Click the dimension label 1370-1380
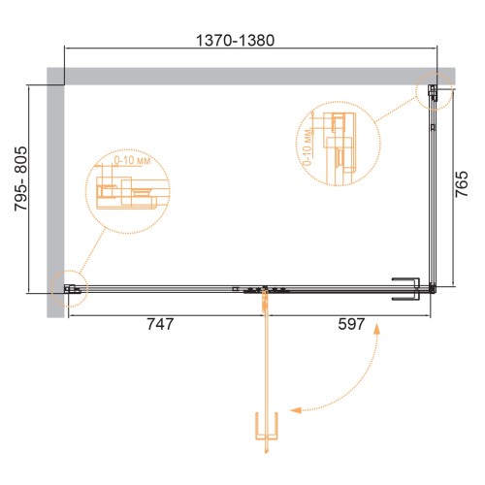click(236, 41)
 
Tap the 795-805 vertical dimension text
click(20, 178)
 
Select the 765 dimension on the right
click(462, 184)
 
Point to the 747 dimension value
click(160, 324)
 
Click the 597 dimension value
click(351, 324)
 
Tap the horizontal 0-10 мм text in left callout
click(132, 160)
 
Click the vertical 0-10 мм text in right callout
click(307, 146)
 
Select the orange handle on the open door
click(267, 426)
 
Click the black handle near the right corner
click(406, 289)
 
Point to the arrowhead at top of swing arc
click(376, 329)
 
